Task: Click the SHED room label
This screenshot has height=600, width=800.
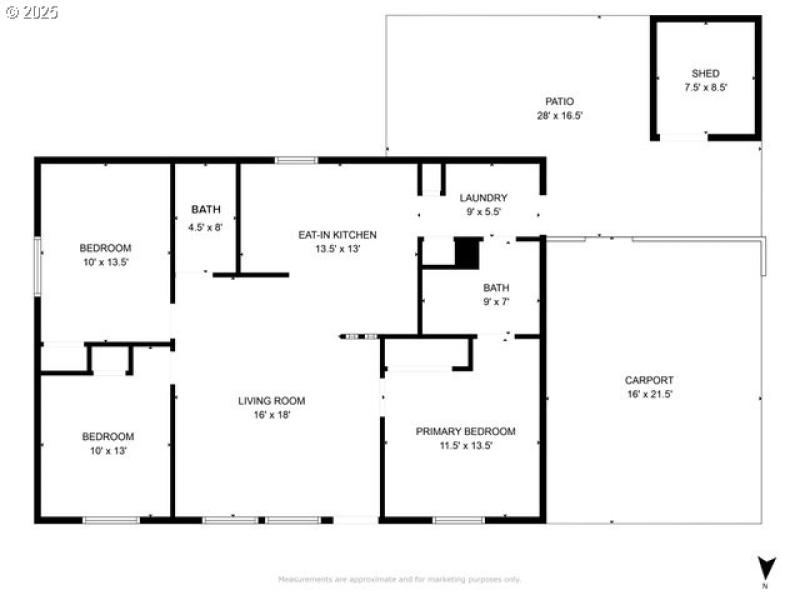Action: click(705, 73)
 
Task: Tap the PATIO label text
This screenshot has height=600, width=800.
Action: click(559, 101)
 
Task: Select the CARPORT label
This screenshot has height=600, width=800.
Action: click(648, 380)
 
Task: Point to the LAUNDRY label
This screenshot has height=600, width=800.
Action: click(482, 198)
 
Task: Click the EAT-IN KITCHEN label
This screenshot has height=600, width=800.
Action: click(337, 235)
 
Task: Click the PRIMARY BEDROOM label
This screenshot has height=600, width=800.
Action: click(465, 432)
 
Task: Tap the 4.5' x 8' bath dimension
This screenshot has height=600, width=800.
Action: click(206, 227)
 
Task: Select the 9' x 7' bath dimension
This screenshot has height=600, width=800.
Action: click(496, 302)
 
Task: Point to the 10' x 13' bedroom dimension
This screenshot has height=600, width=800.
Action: click(107, 451)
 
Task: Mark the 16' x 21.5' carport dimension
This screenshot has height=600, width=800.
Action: click(648, 394)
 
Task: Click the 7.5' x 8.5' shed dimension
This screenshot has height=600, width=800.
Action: click(705, 87)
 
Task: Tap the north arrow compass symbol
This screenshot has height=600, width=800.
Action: click(766, 568)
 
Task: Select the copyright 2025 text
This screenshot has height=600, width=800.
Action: click(32, 13)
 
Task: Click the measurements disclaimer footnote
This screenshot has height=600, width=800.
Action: click(399, 579)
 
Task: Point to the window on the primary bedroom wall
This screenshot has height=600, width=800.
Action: click(459, 520)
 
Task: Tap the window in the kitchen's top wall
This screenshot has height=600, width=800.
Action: click(296, 160)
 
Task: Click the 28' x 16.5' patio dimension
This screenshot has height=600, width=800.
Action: click(559, 115)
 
